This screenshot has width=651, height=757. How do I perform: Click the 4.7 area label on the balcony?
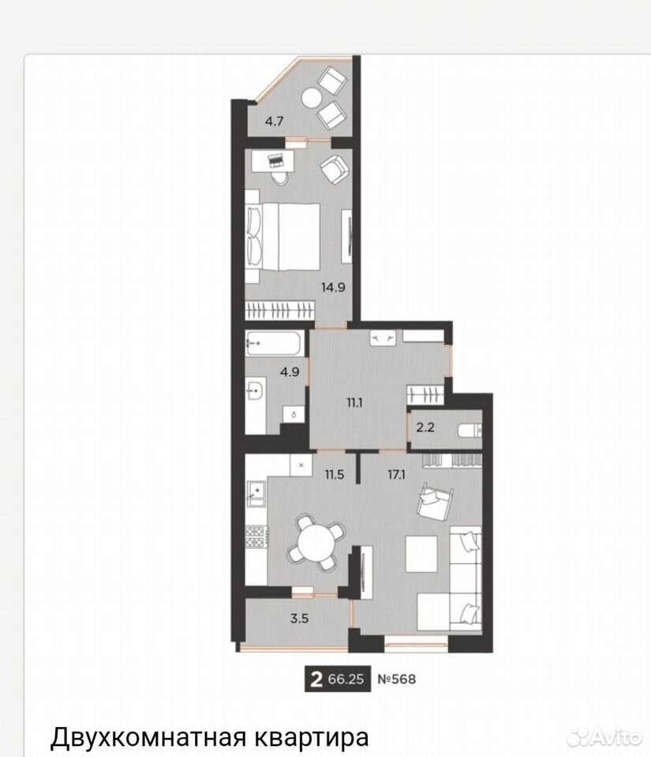(x=274, y=121)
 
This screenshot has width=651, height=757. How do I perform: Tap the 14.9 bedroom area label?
(x=333, y=288)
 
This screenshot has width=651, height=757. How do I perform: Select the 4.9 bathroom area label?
(x=290, y=372)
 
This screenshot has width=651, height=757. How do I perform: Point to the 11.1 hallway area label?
(x=354, y=403)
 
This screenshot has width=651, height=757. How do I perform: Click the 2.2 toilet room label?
(x=425, y=427)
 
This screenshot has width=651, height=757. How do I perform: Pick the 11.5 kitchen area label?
(x=335, y=475)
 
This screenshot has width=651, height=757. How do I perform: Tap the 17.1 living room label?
(x=396, y=475)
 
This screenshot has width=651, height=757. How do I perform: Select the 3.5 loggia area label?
(x=299, y=618)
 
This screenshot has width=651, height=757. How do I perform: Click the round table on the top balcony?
(x=312, y=99)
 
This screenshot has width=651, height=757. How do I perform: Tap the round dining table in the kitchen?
(x=314, y=541)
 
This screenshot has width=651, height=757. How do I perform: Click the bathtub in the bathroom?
(x=275, y=343)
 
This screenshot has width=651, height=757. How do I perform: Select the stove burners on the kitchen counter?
(x=256, y=536)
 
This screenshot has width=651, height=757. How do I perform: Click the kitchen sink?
(x=256, y=492)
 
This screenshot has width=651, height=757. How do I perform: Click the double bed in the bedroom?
(x=283, y=237)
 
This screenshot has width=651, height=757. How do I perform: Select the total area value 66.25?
(x=346, y=679)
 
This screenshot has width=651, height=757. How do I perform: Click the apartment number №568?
(x=396, y=679)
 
